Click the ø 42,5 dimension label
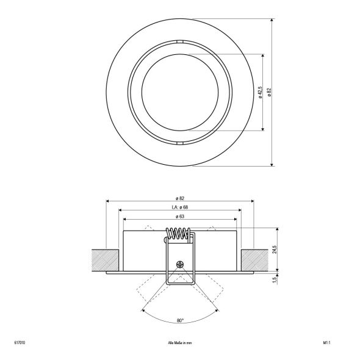(260, 92)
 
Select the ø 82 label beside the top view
(269, 92)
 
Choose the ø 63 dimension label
(180, 217)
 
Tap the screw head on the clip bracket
(179, 264)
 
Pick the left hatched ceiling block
(104, 260)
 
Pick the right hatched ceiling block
(255, 260)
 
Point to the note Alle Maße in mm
(180, 344)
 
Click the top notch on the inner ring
(179, 41)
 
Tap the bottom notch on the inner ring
(179, 143)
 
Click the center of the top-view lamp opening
(179, 92)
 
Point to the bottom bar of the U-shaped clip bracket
(180, 284)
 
